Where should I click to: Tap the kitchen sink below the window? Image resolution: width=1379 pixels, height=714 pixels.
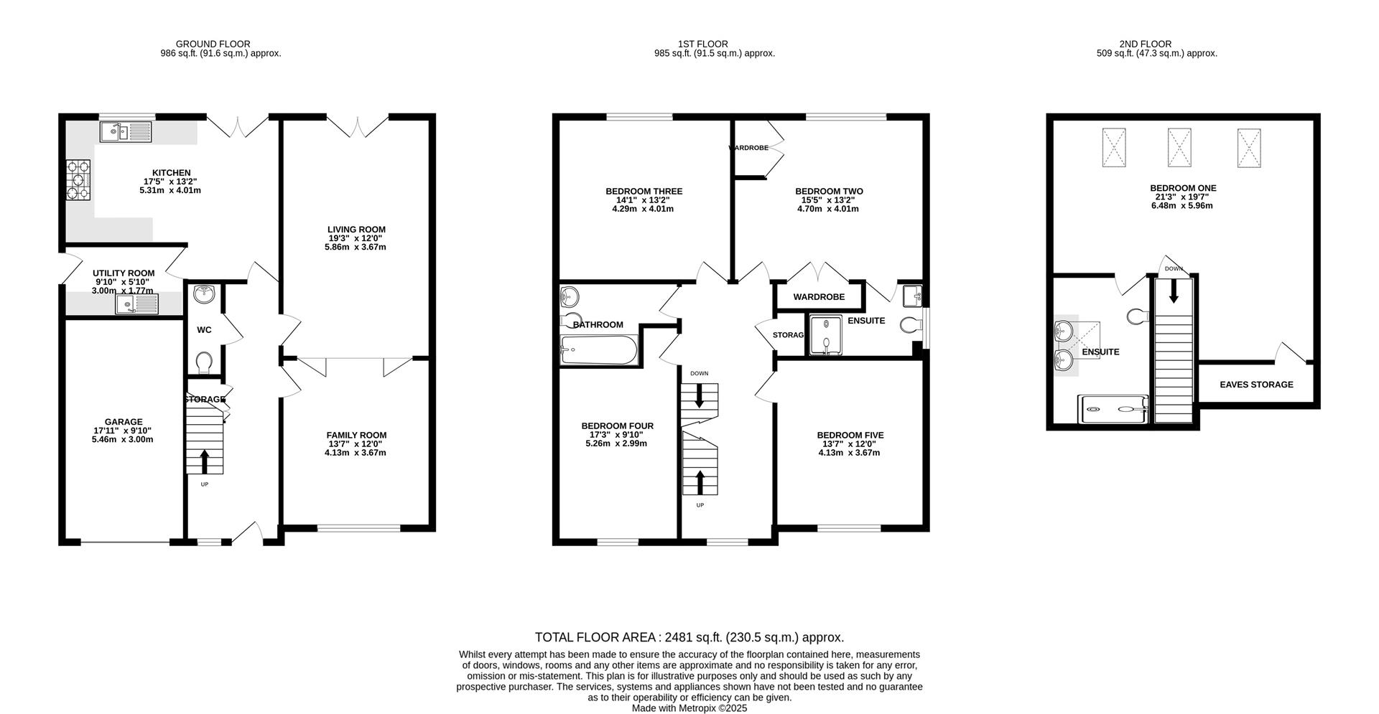(x=126, y=131)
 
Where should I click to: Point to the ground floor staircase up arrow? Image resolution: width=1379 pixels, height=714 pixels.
(x=205, y=461)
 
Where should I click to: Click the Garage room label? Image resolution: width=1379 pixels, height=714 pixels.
(x=123, y=422)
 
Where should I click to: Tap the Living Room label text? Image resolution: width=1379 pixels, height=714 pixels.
(x=356, y=230)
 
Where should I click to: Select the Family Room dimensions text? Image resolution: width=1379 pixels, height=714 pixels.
(x=356, y=448)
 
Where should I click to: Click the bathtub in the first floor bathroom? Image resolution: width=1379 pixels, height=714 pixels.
(x=598, y=351)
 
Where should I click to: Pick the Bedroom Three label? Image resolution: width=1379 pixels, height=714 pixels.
(x=644, y=192)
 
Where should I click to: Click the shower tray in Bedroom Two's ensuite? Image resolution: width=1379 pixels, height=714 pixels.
(x=825, y=335)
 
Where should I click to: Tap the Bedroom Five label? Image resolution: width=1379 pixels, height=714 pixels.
(x=850, y=435)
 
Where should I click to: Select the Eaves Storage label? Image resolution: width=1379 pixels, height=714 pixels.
(x=1255, y=385)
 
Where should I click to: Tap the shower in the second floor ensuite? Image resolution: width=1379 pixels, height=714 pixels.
(x=1113, y=409)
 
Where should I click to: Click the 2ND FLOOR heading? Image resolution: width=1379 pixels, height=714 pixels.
(x=1156, y=44)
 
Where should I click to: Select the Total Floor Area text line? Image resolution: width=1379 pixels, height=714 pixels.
(x=689, y=637)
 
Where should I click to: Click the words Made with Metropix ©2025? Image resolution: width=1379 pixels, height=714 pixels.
(x=689, y=708)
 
